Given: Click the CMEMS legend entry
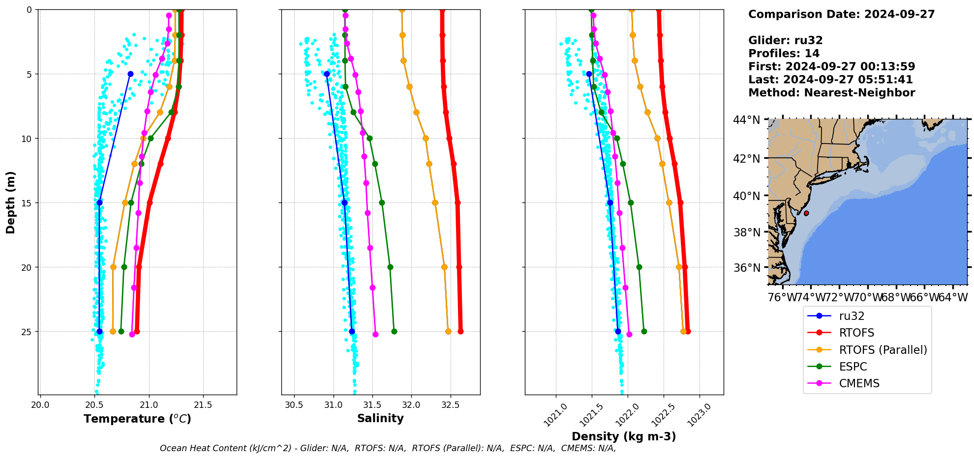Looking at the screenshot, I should pos(859,383).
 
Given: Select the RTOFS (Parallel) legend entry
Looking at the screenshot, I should pos(883,350).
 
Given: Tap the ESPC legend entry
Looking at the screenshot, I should pos(852,367).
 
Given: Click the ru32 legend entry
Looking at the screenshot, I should pos(852,316).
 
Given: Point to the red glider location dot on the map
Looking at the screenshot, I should pos(806,213).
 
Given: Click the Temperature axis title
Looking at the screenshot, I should pos(137,419).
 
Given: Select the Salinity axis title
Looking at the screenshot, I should pos(380,418).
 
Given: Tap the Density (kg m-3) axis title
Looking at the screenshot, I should pos(623,436).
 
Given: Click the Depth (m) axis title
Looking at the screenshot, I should pos(11,202).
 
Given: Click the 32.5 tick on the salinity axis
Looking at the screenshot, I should pos(450,405).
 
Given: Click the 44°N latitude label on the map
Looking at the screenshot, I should pos(746,120).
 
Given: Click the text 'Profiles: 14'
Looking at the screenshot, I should pos(784,54).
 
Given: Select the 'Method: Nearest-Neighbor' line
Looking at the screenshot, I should pos(831,93).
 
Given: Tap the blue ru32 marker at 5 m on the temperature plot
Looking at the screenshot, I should pos(130,74).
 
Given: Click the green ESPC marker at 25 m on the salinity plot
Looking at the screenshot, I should pos(394,331).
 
